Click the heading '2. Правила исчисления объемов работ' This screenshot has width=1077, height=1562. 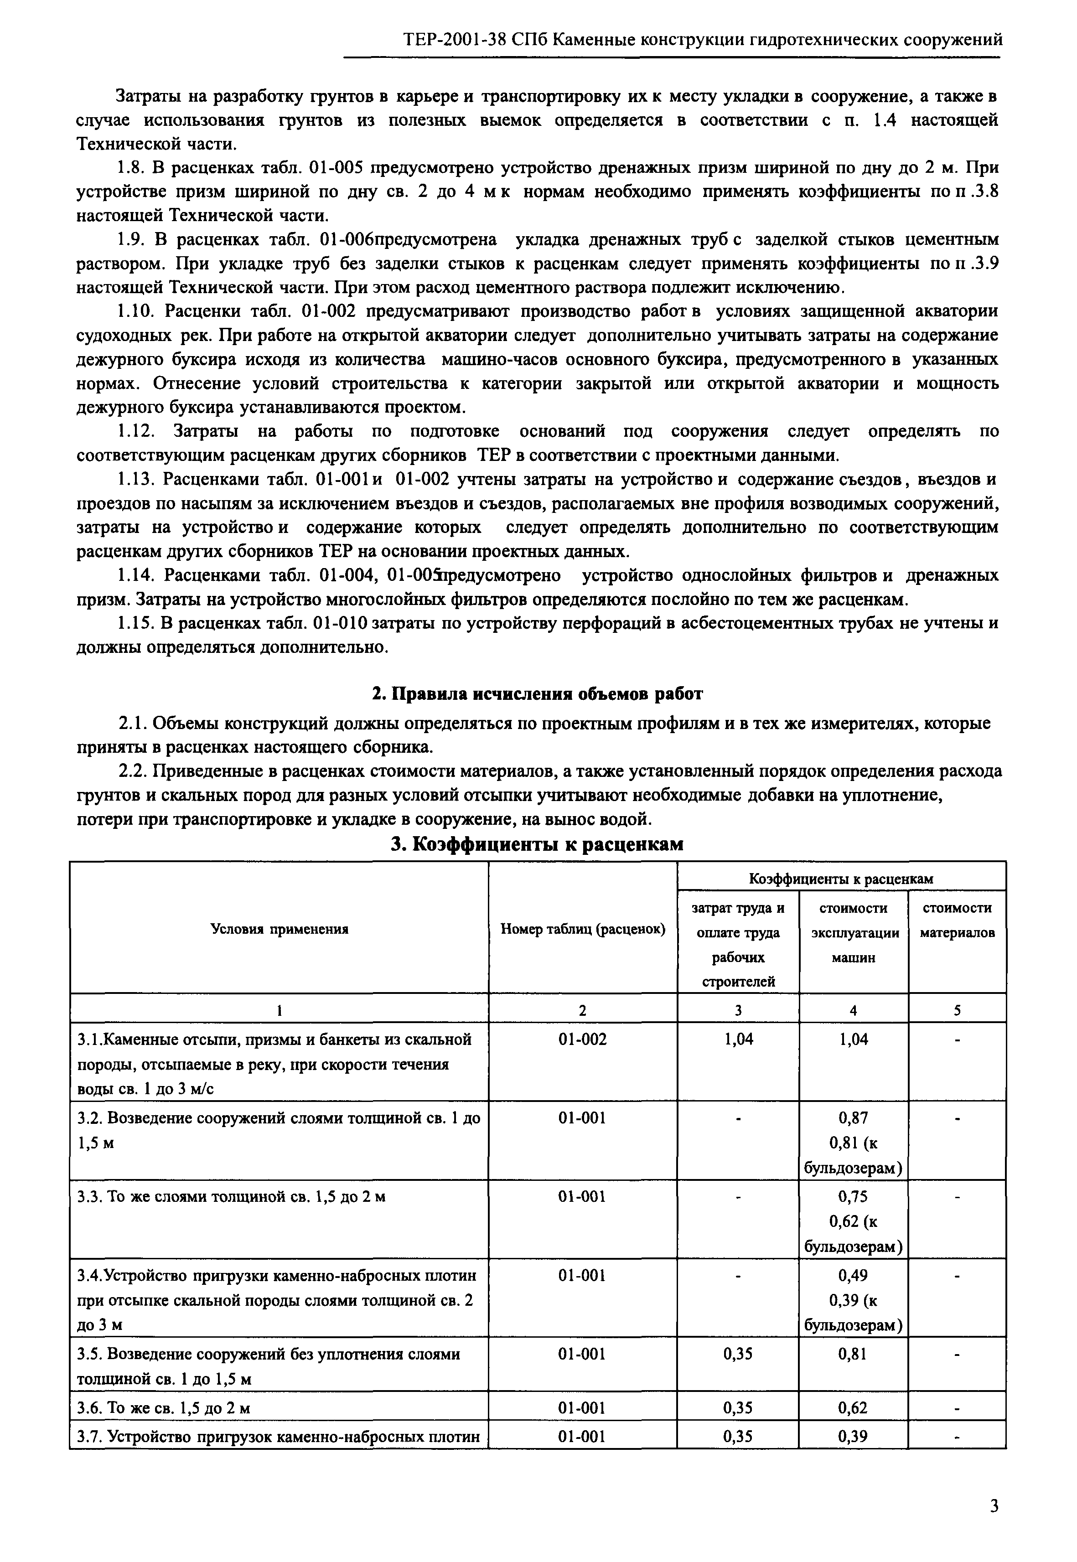538,693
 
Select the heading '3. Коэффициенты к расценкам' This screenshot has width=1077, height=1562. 538,844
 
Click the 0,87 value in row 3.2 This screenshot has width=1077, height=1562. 853,1118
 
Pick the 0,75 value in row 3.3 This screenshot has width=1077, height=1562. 853,1197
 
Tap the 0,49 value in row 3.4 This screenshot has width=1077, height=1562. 853,1275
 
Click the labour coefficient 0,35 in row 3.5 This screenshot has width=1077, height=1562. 738,1354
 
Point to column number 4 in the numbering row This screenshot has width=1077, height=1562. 853,1010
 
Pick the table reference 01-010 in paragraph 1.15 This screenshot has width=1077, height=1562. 339,623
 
